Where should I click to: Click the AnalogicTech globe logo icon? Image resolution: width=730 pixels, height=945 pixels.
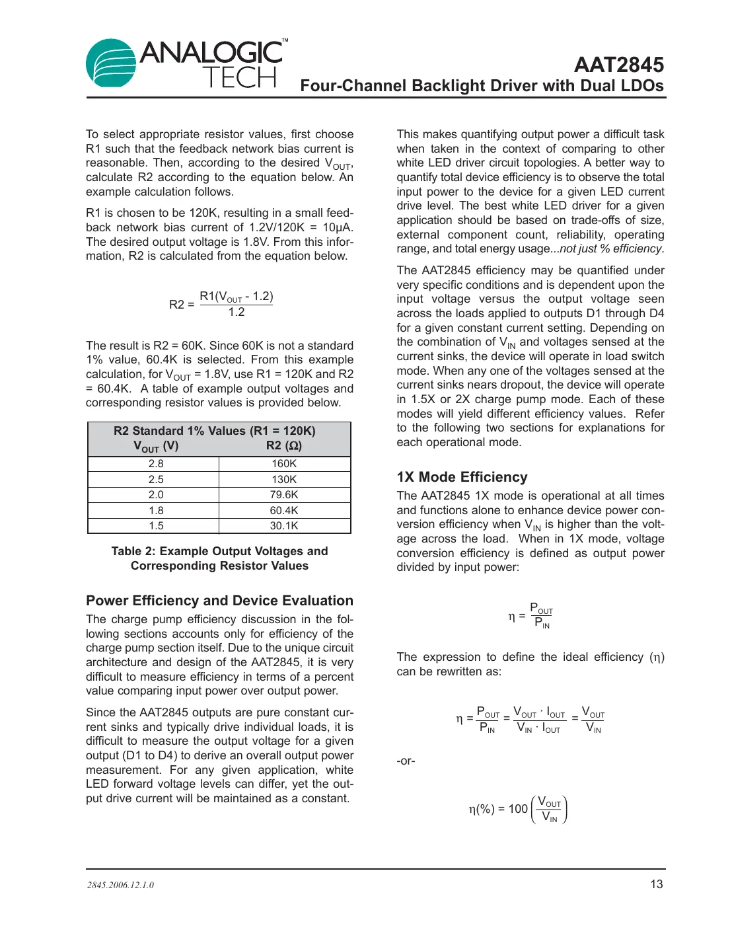pyautogui.click(x=111, y=63)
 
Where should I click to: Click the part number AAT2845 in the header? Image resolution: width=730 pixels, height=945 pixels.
pyautogui.click(x=618, y=65)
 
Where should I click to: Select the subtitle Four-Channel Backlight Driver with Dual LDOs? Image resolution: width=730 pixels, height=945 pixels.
pyautogui.click(x=482, y=86)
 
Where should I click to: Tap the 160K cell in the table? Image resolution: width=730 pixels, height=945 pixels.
pyautogui.click(x=284, y=464)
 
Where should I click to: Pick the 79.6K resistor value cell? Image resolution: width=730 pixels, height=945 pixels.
pyautogui.click(x=284, y=495)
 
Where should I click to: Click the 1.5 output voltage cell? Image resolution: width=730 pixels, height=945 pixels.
pyautogui.click(x=156, y=526)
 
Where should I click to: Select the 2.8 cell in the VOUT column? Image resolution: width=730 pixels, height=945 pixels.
pyautogui.click(x=156, y=464)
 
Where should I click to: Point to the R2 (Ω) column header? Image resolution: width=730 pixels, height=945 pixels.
pyautogui.click(x=284, y=446)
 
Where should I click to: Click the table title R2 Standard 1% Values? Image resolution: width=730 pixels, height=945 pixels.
pyautogui.click(x=214, y=431)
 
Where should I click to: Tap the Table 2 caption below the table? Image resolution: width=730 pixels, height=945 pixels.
pyautogui.click(x=219, y=558)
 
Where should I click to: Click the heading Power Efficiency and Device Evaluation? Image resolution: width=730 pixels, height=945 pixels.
pyautogui.click(x=219, y=601)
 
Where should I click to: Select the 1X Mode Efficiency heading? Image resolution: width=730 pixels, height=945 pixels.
pyautogui.click(x=462, y=477)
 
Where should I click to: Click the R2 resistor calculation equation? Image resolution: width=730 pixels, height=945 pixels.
pyautogui.click(x=221, y=304)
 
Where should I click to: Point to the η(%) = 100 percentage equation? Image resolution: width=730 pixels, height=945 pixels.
pyautogui.click(x=517, y=810)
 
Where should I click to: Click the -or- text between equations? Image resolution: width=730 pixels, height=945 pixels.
pyautogui.click(x=406, y=761)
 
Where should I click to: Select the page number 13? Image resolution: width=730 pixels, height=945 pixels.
pyautogui.click(x=656, y=884)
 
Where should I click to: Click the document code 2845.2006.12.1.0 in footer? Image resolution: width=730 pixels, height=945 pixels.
pyautogui.click(x=120, y=885)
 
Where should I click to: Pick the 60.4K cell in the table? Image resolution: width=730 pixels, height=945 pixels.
pyautogui.click(x=284, y=511)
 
